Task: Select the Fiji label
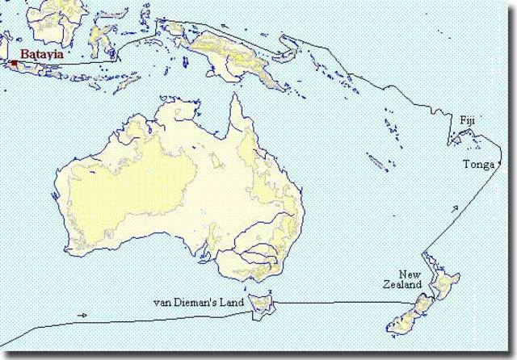pyautogui.click(x=468, y=120)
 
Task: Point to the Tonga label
pyautogui.click(x=477, y=165)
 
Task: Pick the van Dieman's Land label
pyautogui.click(x=198, y=303)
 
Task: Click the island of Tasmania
pyautogui.click(x=261, y=305)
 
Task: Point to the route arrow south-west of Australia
pyautogui.click(x=82, y=315)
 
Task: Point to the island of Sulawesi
pyautogui.click(x=101, y=36)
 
